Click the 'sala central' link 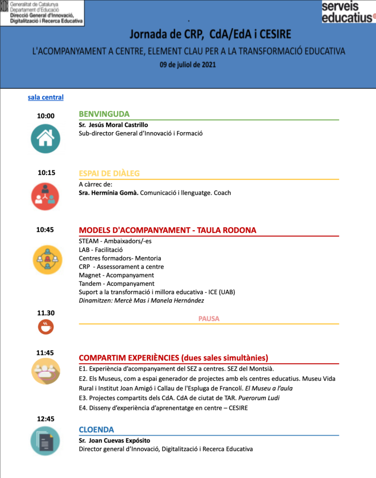[x=45, y=97]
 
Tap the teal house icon [x=45, y=138]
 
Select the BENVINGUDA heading [x=104, y=114]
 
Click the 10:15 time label [x=46, y=172]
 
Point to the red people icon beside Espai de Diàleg [x=45, y=196]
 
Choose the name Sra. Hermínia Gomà [x=108, y=192]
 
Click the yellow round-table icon [x=47, y=259]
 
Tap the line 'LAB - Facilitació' [x=101, y=250]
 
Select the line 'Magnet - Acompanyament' [x=116, y=275]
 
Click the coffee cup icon [x=46, y=327]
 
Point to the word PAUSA [x=209, y=319]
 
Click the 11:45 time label [x=45, y=352]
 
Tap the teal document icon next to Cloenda [x=45, y=441]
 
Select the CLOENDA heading [x=96, y=429]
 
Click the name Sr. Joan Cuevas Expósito [x=115, y=440]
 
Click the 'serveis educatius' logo [x=348, y=12]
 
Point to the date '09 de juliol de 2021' [x=188, y=65]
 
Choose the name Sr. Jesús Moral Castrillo [x=113, y=125]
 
